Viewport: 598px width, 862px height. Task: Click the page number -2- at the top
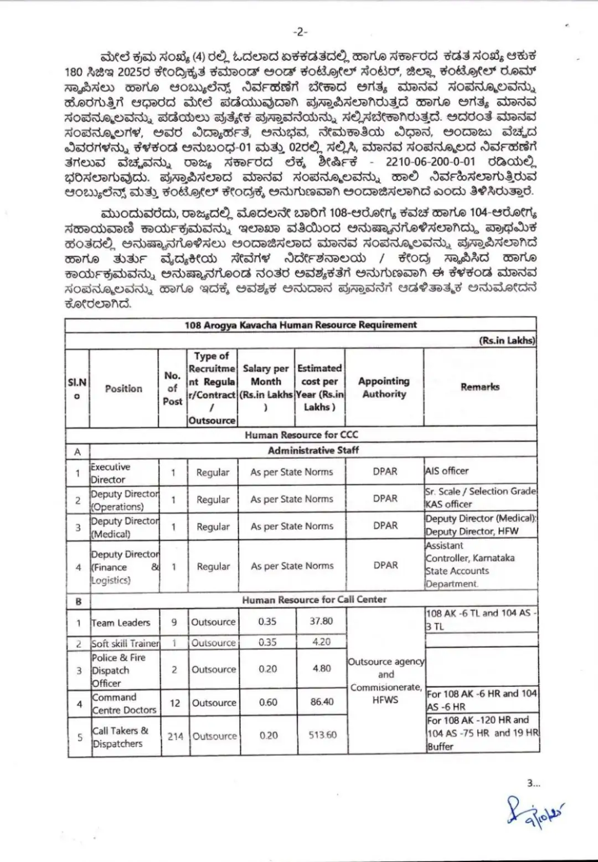pyautogui.click(x=300, y=32)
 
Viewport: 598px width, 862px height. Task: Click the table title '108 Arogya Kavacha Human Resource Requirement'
pyautogui.click(x=301, y=325)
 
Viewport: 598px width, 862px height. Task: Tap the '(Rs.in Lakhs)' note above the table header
pyautogui.click(x=507, y=340)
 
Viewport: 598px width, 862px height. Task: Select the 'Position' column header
pyautogui.click(x=123, y=388)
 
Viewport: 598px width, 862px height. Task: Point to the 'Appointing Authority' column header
pyautogui.click(x=384, y=387)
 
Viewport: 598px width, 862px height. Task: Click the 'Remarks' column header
pyautogui.click(x=480, y=387)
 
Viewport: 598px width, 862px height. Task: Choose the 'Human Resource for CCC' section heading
pyautogui.click(x=301, y=435)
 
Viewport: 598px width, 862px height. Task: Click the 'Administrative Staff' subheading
pyautogui.click(x=313, y=450)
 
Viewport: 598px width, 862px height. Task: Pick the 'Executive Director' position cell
pyautogui.click(x=111, y=473)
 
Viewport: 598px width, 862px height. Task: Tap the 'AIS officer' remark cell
pyautogui.click(x=447, y=471)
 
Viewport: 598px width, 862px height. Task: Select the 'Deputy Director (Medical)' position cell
pyautogui.click(x=124, y=527)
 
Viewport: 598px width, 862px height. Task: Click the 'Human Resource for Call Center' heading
pyautogui.click(x=314, y=599)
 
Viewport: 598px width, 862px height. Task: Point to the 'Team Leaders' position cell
pyautogui.click(x=121, y=623)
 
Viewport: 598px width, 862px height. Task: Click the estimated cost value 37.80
pyautogui.click(x=321, y=621)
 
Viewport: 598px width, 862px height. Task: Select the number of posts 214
pyautogui.click(x=175, y=736)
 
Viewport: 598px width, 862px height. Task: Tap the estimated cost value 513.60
pyautogui.click(x=322, y=735)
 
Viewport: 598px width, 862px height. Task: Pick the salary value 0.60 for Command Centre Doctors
pyautogui.click(x=268, y=702)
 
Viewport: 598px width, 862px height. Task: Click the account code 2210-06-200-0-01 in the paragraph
pyautogui.click(x=430, y=162)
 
